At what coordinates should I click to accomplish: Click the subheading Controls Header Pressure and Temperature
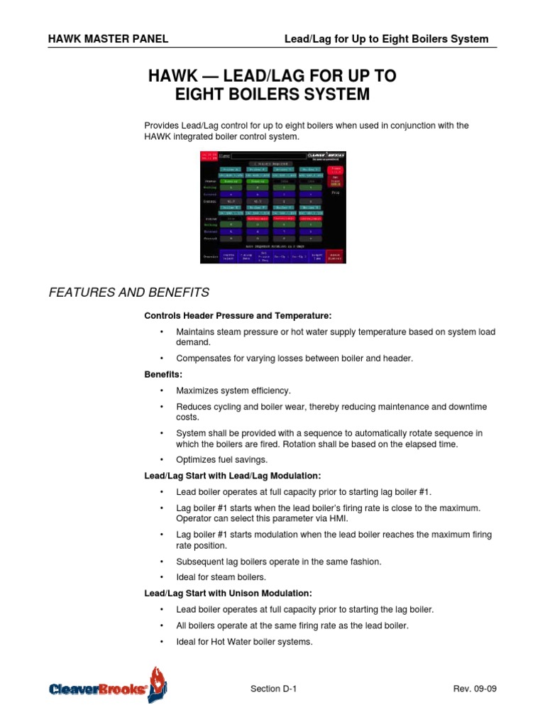pos(238,315)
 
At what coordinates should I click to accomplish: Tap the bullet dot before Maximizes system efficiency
pos(162,390)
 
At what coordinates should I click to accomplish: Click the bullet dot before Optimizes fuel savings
pos(162,459)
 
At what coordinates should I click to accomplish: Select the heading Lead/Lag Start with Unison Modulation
pos(228,593)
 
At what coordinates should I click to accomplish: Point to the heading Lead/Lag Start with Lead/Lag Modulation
pos(233,476)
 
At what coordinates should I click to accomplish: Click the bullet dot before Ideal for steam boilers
pos(162,576)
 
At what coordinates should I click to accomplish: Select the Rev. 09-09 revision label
pos(471,690)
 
